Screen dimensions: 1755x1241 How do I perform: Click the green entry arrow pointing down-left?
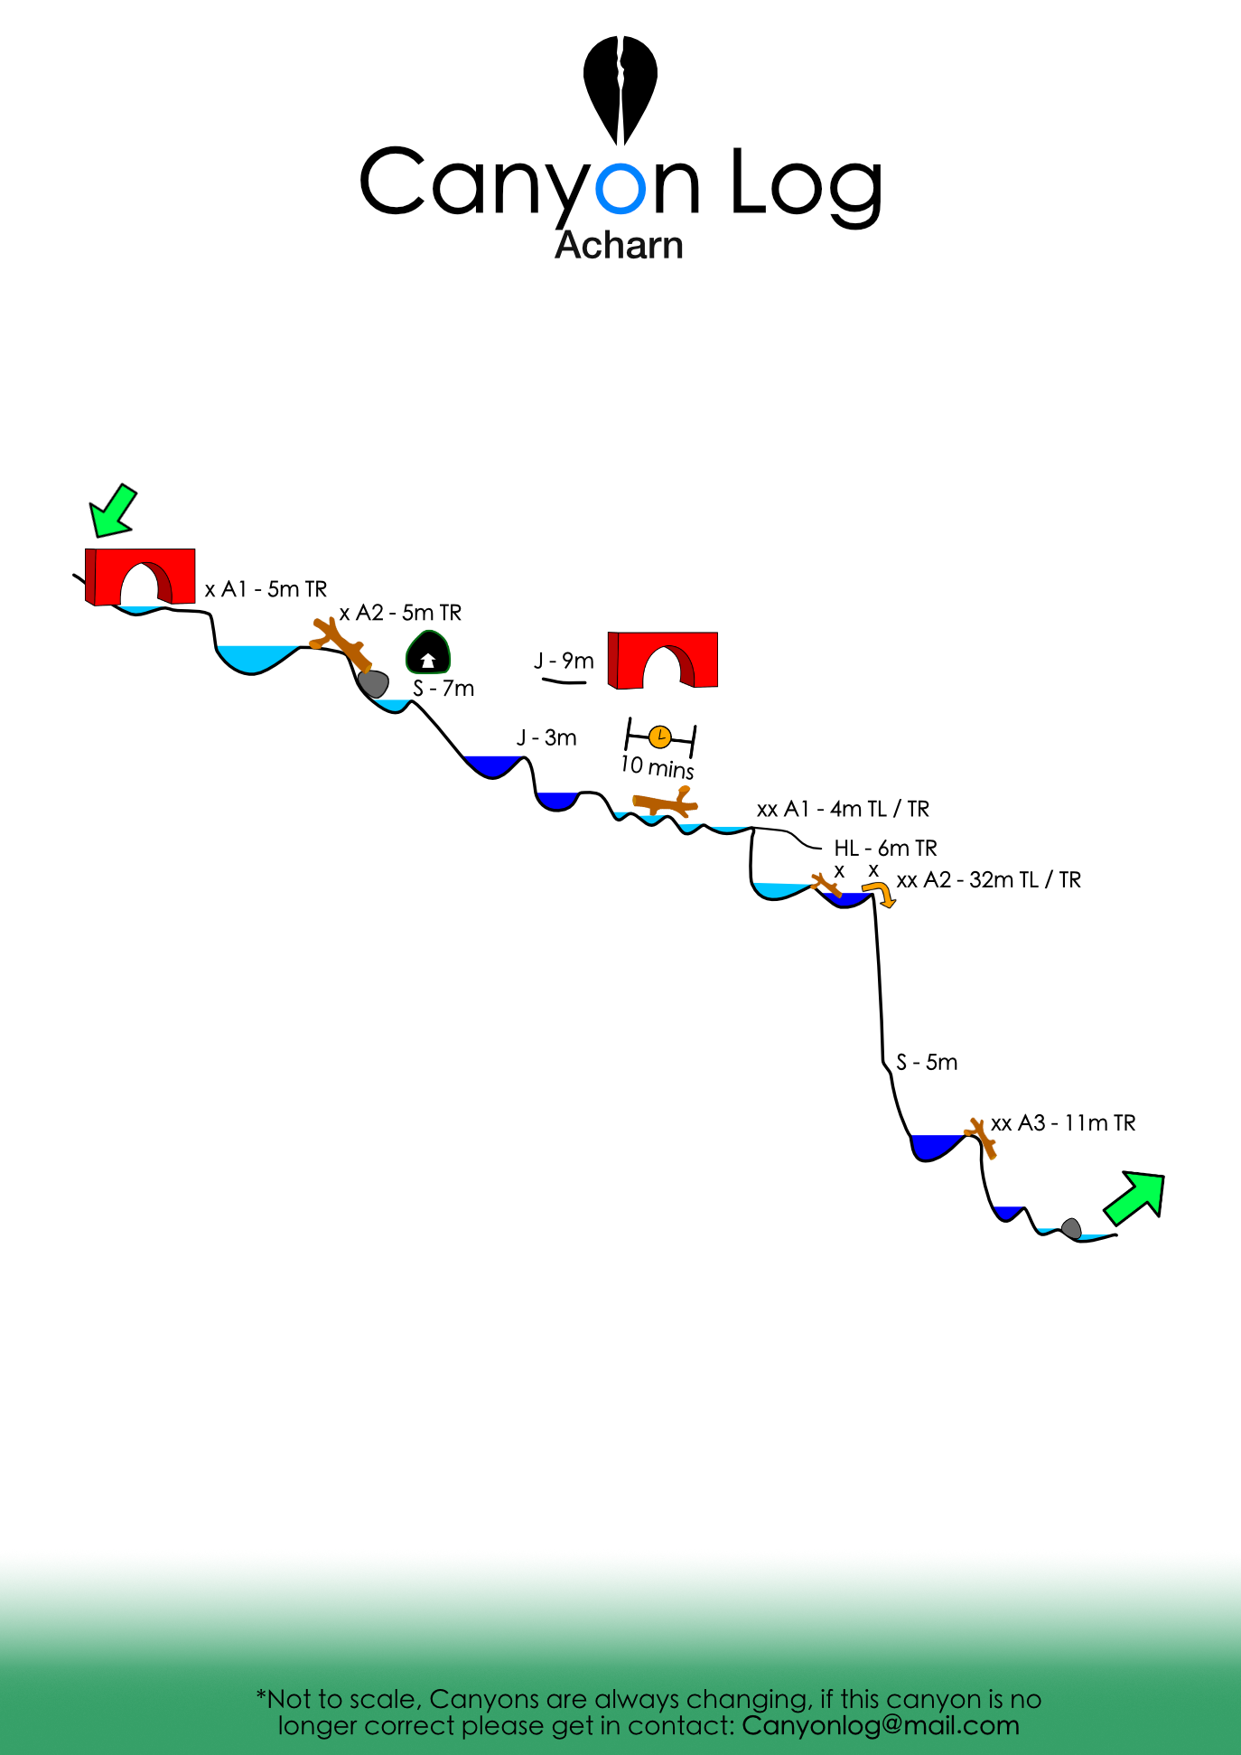(113, 511)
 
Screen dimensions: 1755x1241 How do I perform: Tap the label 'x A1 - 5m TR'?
(266, 589)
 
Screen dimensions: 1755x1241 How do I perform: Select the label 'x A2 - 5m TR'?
(400, 613)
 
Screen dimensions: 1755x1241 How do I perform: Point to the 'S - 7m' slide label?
(443, 689)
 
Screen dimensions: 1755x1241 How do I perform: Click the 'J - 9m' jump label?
(564, 661)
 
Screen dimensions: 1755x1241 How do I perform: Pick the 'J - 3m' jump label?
(546, 737)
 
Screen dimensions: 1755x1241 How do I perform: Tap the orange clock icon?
(660, 737)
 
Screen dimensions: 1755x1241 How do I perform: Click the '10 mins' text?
(657, 767)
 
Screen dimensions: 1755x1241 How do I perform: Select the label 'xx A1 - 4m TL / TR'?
(843, 809)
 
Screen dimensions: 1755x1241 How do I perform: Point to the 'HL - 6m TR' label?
(885, 848)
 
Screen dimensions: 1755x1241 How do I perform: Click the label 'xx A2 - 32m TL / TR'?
(988, 879)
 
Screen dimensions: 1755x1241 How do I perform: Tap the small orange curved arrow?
(881, 894)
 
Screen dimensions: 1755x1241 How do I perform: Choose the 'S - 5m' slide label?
(927, 1062)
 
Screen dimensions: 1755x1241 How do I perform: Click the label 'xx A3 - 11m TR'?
(1063, 1122)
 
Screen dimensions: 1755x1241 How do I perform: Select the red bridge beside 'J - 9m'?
(663, 660)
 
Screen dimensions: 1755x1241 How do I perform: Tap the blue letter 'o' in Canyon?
(621, 185)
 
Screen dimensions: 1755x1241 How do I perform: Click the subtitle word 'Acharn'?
(620, 245)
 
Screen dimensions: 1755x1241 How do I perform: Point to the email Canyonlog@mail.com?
(881, 1725)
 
